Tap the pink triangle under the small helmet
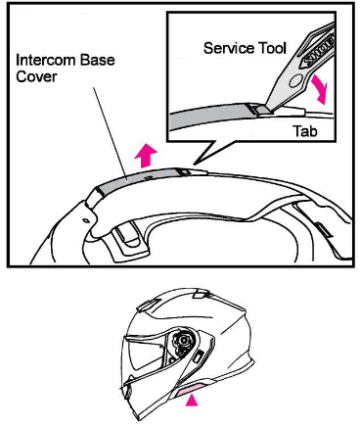194,399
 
